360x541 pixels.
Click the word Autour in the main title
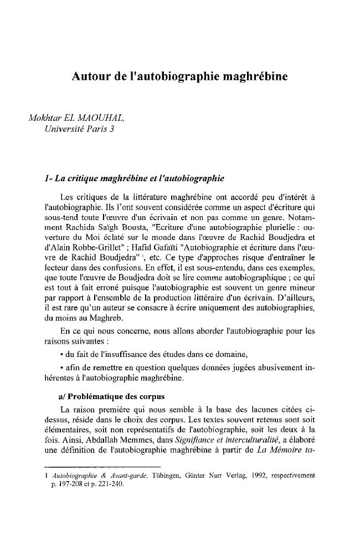coord(90,77)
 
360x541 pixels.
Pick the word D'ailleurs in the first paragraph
coord(296,313)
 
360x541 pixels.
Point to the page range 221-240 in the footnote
coord(111,483)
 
